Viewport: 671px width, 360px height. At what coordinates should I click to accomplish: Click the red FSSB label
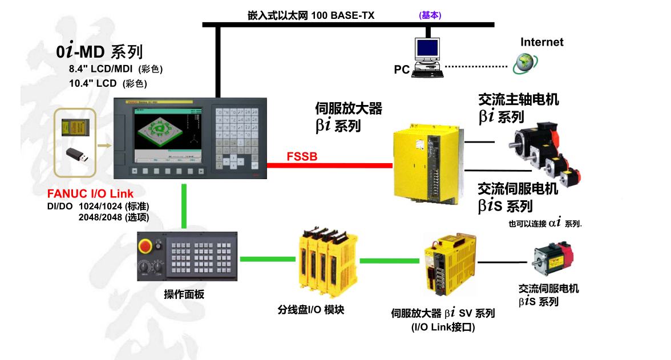pyautogui.click(x=302, y=156)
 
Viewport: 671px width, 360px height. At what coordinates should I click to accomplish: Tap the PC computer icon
pyautogui.click(x=427, y=56)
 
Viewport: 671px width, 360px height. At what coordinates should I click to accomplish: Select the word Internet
pyautogui.click(x=541, y=42)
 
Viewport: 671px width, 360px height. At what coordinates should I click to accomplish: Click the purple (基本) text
pyautogui.click(x=430, y=15)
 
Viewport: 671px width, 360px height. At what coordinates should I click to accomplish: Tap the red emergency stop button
pyautogui.click(x=145, y=246)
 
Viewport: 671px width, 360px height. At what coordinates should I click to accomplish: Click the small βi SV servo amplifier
pyautogui.click(x=449, y=264)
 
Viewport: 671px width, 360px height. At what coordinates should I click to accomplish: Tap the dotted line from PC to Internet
pyautogui.click(x=476, y=67)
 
